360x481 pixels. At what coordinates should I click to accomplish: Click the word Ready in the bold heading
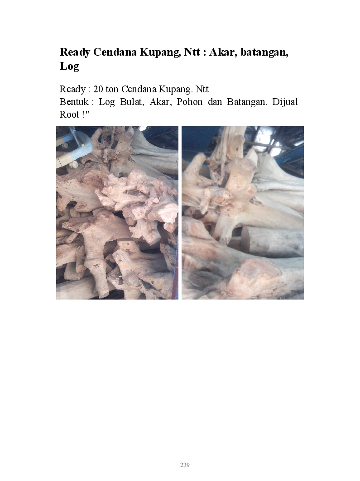75,52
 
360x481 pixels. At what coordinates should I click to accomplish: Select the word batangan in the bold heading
264,52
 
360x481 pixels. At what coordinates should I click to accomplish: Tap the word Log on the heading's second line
69,66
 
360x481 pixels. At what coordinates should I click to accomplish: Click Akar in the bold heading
222,52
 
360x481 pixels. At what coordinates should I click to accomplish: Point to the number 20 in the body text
98,89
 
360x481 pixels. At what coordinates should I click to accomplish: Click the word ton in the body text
112,89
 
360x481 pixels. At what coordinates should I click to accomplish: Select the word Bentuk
74,101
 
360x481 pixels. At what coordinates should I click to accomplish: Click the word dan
215,101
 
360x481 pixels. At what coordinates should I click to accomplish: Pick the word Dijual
285,101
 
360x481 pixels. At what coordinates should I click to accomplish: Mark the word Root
69,114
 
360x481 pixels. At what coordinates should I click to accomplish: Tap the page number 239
185,465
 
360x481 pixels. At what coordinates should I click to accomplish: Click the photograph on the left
117,213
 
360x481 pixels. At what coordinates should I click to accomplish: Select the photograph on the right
243,213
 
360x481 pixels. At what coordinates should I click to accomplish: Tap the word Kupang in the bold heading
160,52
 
